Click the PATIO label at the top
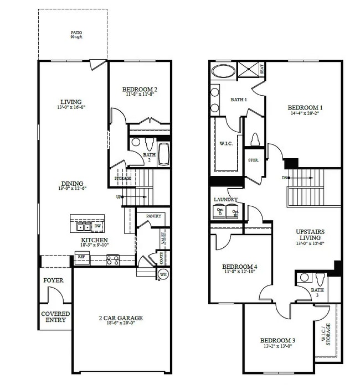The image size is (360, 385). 76,33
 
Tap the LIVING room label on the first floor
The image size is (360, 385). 71,102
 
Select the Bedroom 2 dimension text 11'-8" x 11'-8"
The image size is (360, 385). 140,95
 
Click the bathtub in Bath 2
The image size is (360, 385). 164,154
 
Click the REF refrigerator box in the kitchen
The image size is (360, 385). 81,257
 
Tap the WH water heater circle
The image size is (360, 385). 163,274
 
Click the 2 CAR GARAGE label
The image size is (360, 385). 121,318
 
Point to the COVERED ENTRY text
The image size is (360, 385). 55,316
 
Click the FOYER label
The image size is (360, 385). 53,280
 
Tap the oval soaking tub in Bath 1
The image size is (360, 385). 223,71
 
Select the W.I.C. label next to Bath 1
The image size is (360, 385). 226,143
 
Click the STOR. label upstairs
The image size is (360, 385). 253,160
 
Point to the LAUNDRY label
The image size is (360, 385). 225,199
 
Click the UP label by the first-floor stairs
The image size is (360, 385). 119,197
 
